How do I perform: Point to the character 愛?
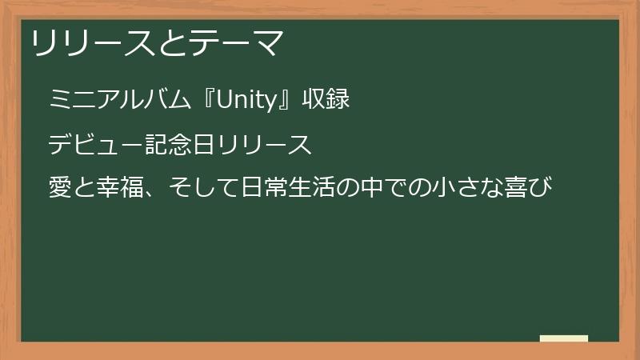coord(61,190)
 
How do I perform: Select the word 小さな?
coord(458,190)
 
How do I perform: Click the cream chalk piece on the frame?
coord(564,339)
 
